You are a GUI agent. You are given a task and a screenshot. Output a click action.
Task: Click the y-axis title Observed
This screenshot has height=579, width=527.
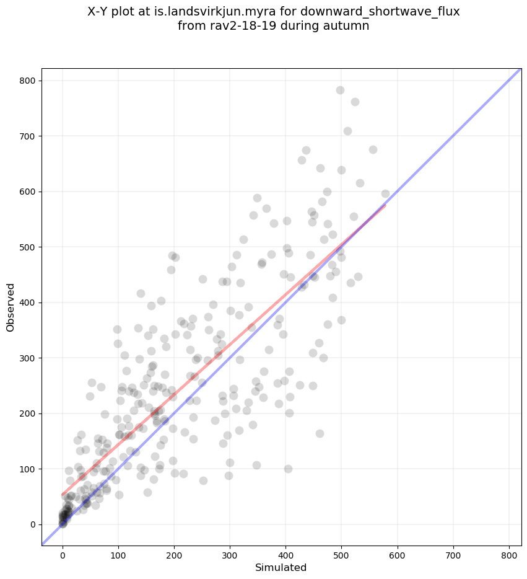pos(11,307)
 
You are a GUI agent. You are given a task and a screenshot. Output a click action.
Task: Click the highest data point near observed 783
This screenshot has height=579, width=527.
pos(340,90)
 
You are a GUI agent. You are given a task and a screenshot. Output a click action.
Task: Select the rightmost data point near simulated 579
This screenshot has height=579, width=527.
pos(385,193)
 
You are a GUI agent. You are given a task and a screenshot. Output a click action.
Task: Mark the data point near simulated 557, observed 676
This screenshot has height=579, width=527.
pos(373,149)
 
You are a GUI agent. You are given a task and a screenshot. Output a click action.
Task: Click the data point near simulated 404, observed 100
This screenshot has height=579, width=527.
pos(288,469)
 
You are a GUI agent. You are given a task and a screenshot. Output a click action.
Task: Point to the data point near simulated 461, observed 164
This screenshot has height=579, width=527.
pos(320,433)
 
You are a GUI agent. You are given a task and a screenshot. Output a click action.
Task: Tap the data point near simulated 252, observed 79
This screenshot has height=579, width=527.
pos(203,480)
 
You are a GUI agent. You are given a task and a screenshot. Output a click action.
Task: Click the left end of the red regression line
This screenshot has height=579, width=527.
pos(63,495)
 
